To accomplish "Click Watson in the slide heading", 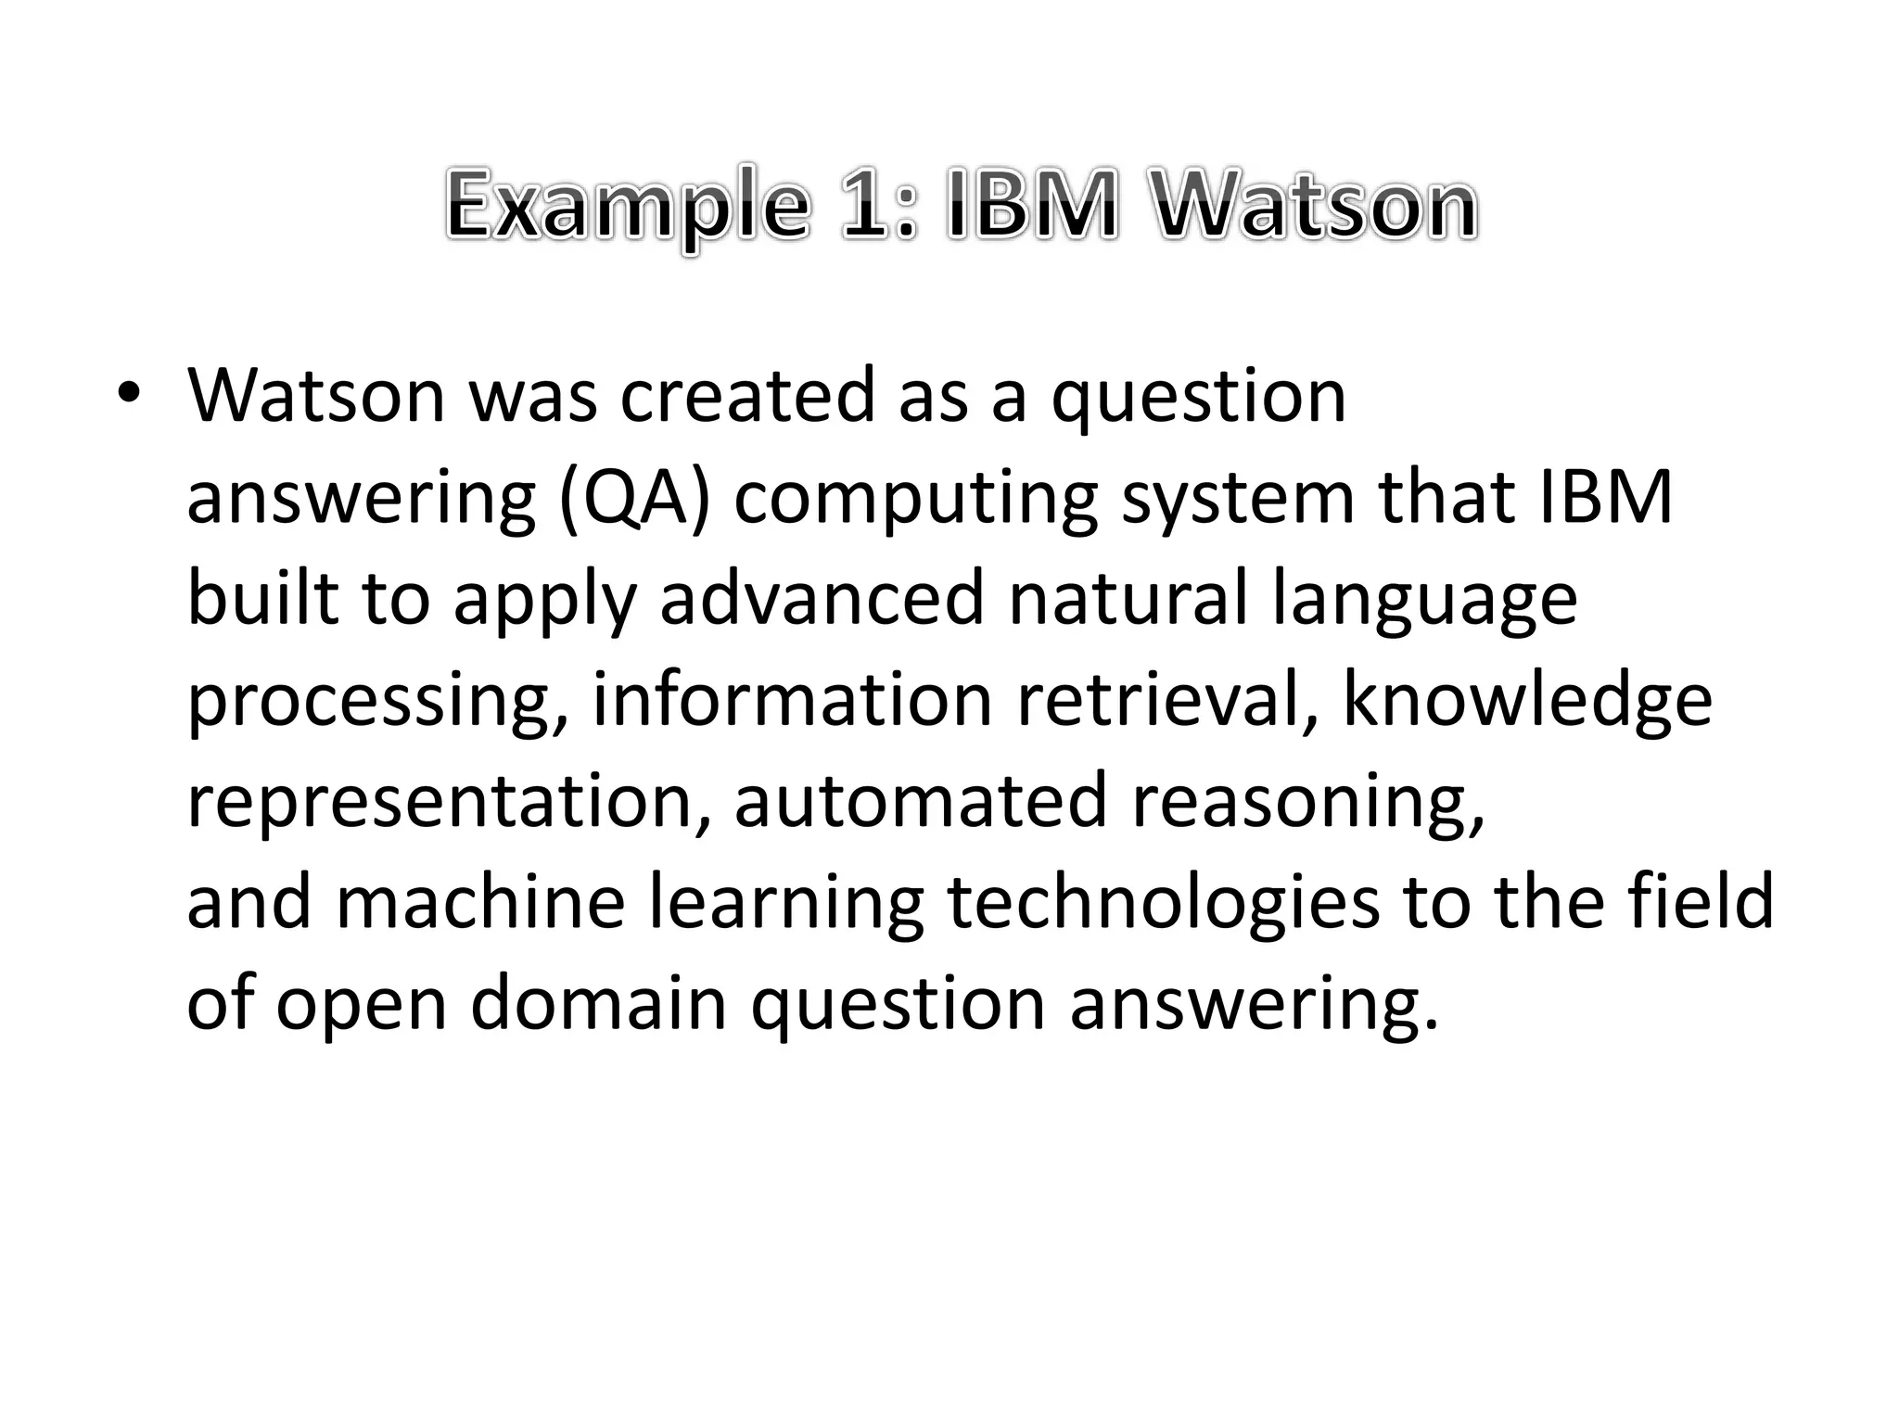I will click(x=1317, y=206).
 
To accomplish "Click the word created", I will click(x=746, y=395).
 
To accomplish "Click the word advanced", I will click(x=822, y=599).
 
